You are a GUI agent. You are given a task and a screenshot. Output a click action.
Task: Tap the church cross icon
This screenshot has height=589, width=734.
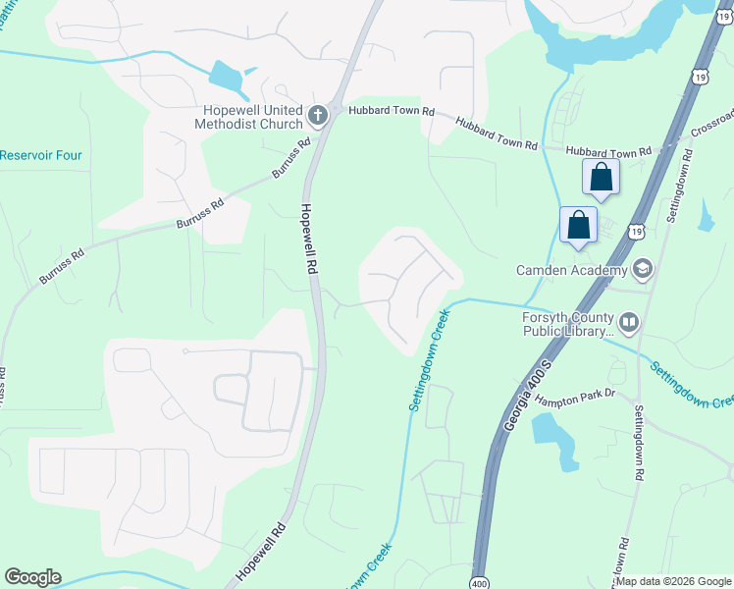[x=317, y=117]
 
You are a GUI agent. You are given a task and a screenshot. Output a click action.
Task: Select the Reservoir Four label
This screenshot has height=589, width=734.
[x=41, y=155]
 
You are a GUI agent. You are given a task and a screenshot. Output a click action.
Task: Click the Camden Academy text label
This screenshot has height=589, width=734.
[x=571, y=270]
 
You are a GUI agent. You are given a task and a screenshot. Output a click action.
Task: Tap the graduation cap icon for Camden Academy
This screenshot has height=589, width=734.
[x=643, y=269]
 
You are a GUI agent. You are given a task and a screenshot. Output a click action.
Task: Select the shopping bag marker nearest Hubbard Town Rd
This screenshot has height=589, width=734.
[x=601, y=179]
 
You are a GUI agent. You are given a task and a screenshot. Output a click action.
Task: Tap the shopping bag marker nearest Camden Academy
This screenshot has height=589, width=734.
[x=579, y=225]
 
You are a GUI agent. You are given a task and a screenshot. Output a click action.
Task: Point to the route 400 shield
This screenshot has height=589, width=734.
[x=478, y=580]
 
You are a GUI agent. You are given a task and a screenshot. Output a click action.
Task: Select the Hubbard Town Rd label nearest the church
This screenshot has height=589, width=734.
[x=389, y=113]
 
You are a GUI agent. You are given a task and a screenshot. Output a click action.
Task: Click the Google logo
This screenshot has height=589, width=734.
[x=32, y=577]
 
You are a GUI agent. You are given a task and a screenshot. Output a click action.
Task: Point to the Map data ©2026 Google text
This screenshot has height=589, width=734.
[x=673, y=581]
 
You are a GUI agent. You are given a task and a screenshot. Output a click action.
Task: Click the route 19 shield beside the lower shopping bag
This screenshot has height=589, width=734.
[x=638, y=230]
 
